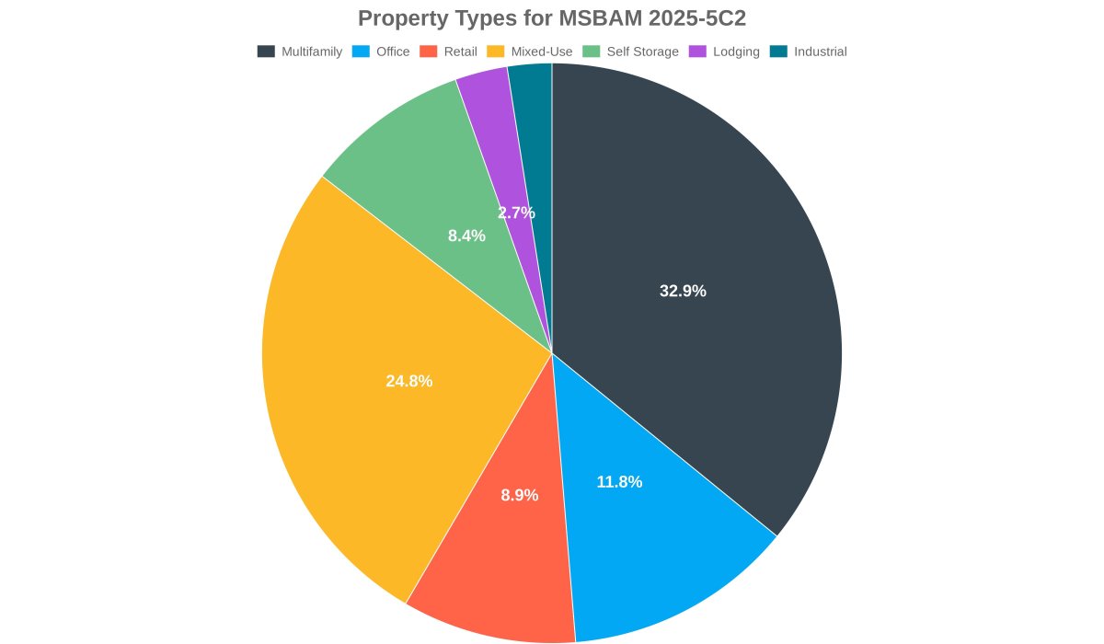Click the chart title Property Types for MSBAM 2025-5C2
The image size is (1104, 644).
click(552, 18)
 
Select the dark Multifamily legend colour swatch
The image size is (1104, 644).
click(266, 52)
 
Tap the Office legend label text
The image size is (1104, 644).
click(393, 52)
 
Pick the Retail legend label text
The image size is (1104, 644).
click(460, 52)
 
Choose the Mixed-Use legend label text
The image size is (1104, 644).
click(541, 52)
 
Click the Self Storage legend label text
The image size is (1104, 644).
click(642, 52)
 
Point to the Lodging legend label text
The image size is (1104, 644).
click(736, 52)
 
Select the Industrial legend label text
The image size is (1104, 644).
click(820, 52)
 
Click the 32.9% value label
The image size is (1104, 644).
click(683, 291)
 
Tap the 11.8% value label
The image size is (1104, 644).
click(619, 482)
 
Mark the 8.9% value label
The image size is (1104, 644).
click(520, 495)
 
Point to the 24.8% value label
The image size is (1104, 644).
click(408, 381)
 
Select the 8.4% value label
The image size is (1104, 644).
click(466, 236)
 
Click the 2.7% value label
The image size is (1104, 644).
click(516, 213)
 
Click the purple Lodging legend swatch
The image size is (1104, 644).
click(697, 52)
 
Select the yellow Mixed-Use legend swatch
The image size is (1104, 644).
click(495, 52)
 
